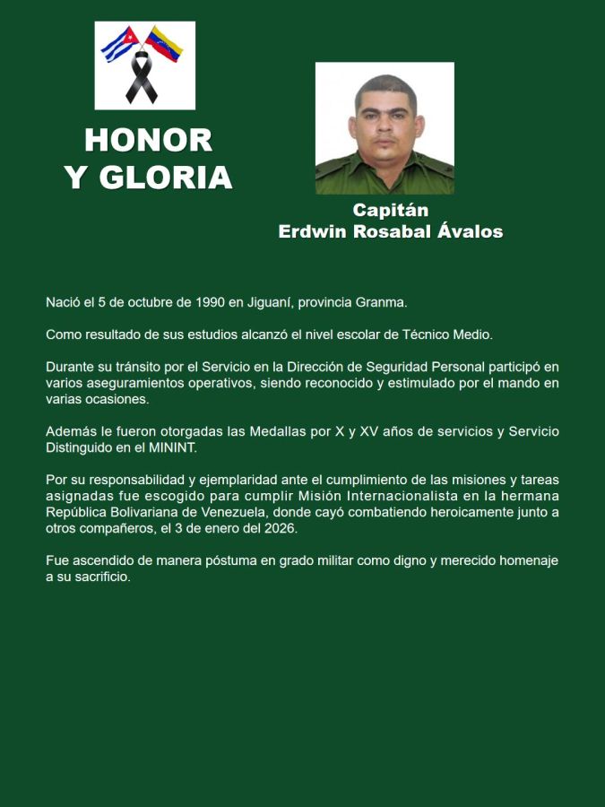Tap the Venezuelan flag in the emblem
point(167,42)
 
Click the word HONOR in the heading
point(149,140)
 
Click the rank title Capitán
point(390,211)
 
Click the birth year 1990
point(212,303)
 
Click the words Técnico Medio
point(453,334)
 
